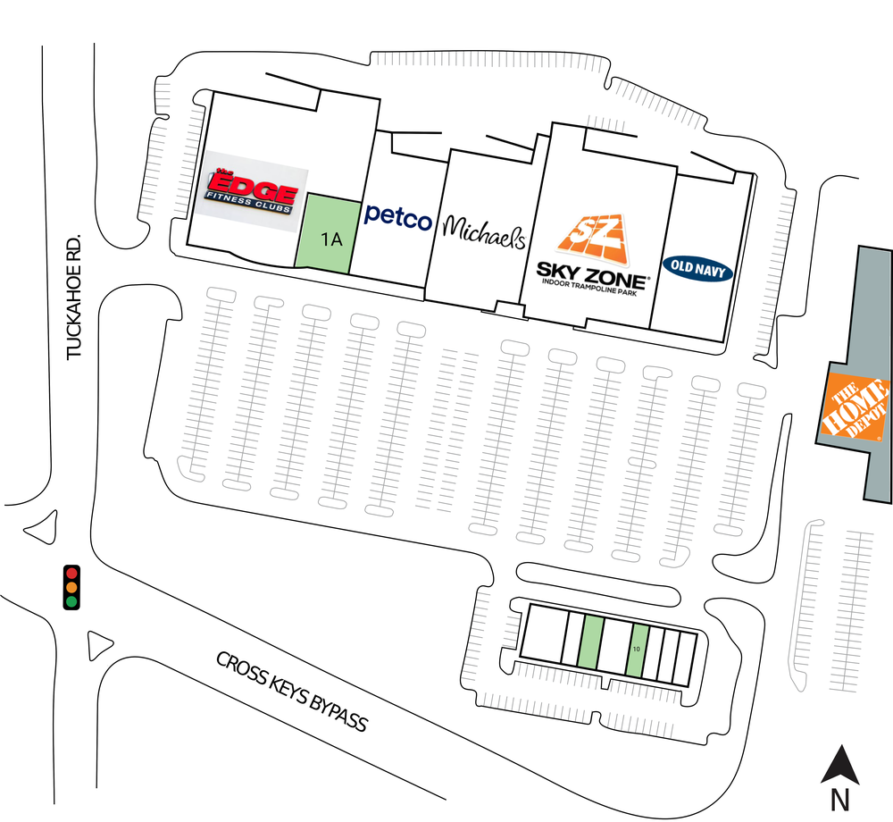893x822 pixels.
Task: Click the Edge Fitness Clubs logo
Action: coord(251,191)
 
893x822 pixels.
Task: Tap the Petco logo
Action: coord(398,217)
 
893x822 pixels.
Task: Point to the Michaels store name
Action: coord(483,231)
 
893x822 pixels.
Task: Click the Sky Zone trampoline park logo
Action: coord(592,254)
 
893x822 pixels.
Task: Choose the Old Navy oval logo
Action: coord(697,268)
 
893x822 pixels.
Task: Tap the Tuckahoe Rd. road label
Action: coord(74,297)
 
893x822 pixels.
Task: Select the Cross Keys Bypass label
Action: coord(292,692)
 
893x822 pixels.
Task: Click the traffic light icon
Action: coord(71,587)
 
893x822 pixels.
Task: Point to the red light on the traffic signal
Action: coord(71,573)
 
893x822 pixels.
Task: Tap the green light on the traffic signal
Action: coord(71,601)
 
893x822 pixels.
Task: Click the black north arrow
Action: coord(840,764)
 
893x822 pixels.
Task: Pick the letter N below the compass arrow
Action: coord(840,800)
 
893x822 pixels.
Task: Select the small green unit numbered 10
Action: coord(637,650)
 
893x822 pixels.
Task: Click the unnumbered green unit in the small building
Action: coord(590,642)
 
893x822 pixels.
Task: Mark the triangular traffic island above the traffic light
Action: coord(43,528)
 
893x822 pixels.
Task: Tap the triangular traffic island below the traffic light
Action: coord(98,645)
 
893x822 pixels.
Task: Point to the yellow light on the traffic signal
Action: coord(71,587)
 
